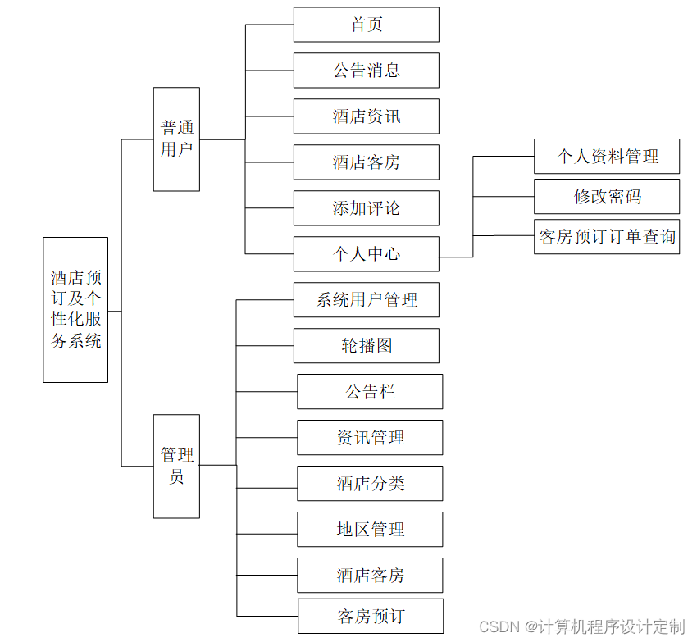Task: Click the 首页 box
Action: coord(366,25)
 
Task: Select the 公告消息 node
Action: coord(366,71)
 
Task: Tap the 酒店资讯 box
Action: coord(366,116)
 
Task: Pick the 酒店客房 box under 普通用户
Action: coord(366,162)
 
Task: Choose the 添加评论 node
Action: coord(366,208)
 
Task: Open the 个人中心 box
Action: coord(366,254)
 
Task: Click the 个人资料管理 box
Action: coord(607,156)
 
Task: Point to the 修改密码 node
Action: coord(607,197)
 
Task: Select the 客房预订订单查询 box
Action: coord(607,237)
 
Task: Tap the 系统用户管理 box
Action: coord(366,300)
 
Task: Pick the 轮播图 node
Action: coord(366,346)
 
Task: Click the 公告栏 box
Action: coord(370,392)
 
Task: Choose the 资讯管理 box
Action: coord(370,438)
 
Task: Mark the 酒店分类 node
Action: coord(370,484)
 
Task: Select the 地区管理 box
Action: coord(370,530)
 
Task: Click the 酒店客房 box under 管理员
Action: coord(370,576)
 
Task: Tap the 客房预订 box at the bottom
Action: coord(370,616)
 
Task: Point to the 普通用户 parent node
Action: coord(176,139)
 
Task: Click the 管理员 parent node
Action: coord(176,466)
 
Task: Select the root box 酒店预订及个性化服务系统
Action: coord(75,310)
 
